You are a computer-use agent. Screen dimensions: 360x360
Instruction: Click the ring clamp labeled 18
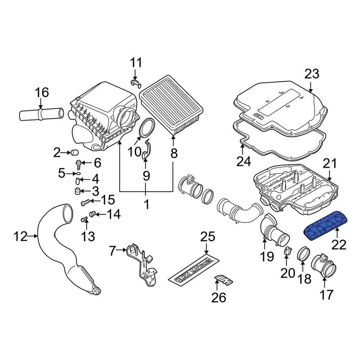[x=304, y=255]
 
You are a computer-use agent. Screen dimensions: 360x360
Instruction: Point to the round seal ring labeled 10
[x=147, y=127]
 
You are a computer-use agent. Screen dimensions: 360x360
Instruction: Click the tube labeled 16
[x=41, y=113]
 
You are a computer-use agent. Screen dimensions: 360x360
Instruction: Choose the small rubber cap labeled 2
[x=74, y=153]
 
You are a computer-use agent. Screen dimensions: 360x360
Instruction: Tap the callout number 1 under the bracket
[x=146, y=204]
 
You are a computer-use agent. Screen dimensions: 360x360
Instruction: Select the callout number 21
[x=330, y=163]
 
